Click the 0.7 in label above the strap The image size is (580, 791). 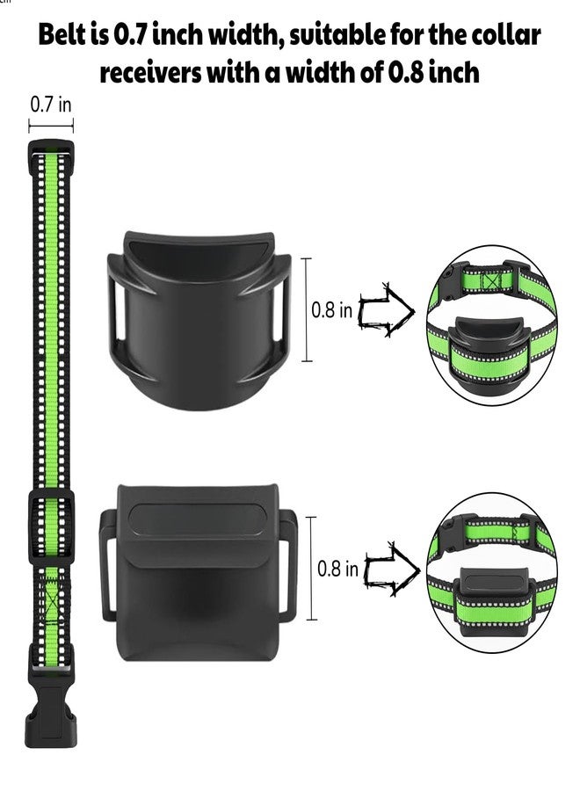(51, 105)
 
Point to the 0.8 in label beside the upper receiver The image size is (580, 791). (331, 309)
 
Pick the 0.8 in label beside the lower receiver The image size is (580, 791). (337, 569)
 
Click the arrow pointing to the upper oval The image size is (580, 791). (386, 309)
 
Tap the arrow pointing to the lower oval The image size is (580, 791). (392, 569)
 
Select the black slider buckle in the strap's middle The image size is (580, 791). (51, 526)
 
